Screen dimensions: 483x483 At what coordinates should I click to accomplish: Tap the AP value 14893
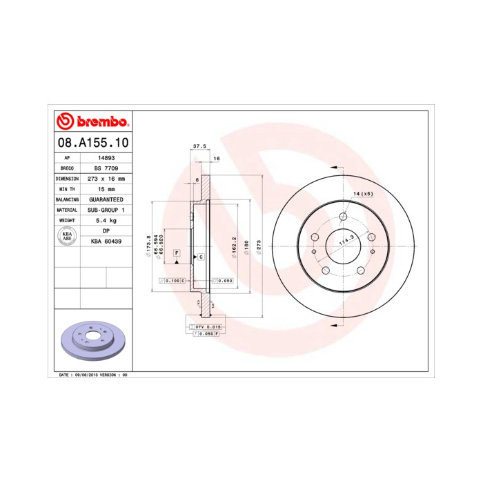(106, 157)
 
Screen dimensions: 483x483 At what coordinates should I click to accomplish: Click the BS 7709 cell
(106, 168)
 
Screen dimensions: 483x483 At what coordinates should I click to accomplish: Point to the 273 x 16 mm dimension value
(106, 178)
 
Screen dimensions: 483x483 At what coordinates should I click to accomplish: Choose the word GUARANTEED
(106, 199)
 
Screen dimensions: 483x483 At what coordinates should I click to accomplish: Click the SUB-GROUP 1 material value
(106, 209)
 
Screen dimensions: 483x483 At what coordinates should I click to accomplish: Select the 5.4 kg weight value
(106, 219)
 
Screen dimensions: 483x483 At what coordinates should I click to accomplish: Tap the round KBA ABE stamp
(68, 235)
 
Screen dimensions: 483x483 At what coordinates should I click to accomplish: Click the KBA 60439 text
(106, 241)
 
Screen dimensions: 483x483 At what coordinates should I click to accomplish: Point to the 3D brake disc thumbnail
(92, 341)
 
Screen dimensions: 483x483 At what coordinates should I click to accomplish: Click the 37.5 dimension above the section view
(199, 146)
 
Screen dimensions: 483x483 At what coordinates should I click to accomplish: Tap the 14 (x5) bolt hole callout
(363, 194)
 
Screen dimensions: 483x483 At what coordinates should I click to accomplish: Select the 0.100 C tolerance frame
(171, 281)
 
